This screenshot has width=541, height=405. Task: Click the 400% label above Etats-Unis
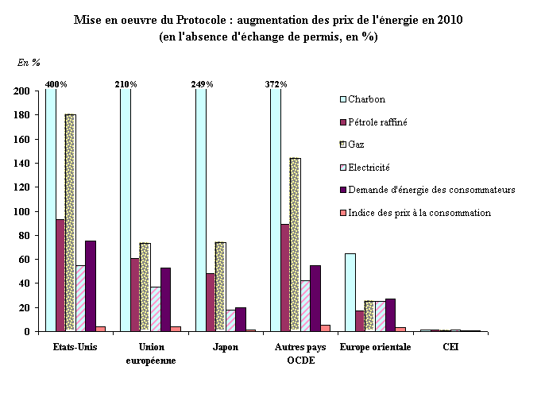pyautogui.click(x=56, y=84)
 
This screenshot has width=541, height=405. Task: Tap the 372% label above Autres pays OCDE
pyautogui.click(x=276, y=84)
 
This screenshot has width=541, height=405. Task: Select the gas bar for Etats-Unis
pyautogui.click(x=71, y=222)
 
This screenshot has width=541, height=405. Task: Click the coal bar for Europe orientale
pyautogui.click(x=350, y=292)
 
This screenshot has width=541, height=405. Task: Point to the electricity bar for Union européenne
pyautogui.click(x=155, y=309)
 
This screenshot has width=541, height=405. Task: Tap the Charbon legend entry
pyautogui.click(x=366, y=99)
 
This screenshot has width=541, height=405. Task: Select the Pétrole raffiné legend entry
pyautogui.click(x=377, y=121)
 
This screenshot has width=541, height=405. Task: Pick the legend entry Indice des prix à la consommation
pyautogui.click(x=419, y=212)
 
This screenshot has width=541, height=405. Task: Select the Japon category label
pyautogui.click(x=226, y=347)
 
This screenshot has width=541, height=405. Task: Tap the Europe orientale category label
pyautogui.click(x=375, y=347)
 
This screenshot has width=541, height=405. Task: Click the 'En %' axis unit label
pyautogui.click(x=29, y=61)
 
